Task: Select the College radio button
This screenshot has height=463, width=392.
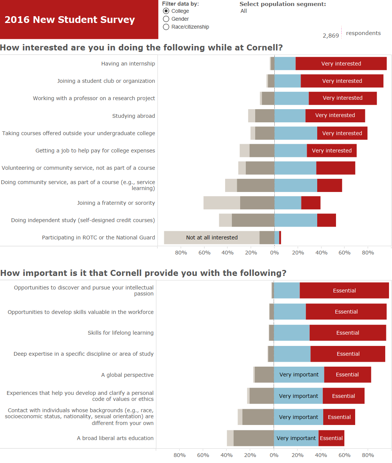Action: coord(166,11)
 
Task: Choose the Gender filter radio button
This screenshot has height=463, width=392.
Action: coord(166,19)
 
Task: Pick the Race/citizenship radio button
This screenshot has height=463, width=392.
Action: coord(166,27)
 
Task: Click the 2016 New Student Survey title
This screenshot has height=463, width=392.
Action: coord(70,20)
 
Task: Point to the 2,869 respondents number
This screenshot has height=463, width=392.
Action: coord(331,35)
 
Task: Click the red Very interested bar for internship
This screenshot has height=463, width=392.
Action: coord(341,64)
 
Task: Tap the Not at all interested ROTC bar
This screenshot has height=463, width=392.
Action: coord(212,238)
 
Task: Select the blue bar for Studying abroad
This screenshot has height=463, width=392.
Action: coord(290,116)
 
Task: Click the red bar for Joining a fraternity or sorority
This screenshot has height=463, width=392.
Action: coord(311,203)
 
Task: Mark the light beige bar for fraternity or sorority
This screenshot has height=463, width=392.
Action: coord(222,203)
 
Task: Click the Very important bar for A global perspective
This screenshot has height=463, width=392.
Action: coord(299,375)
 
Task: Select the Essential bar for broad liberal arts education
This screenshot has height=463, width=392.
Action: coord(331,438)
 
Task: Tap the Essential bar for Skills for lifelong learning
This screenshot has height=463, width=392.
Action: coord(348,333)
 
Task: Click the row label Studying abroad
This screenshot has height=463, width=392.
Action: coord(133,116)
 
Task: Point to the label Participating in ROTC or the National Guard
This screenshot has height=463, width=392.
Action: coord(98,238)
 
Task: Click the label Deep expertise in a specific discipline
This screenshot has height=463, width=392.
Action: coord(83,354)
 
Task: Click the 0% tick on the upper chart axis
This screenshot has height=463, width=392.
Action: coord(274,253)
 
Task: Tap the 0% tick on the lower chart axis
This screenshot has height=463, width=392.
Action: coord(274,455)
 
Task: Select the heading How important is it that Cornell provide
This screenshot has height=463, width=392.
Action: coord(143,273)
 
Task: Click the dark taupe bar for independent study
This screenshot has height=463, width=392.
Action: coord(253,220)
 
